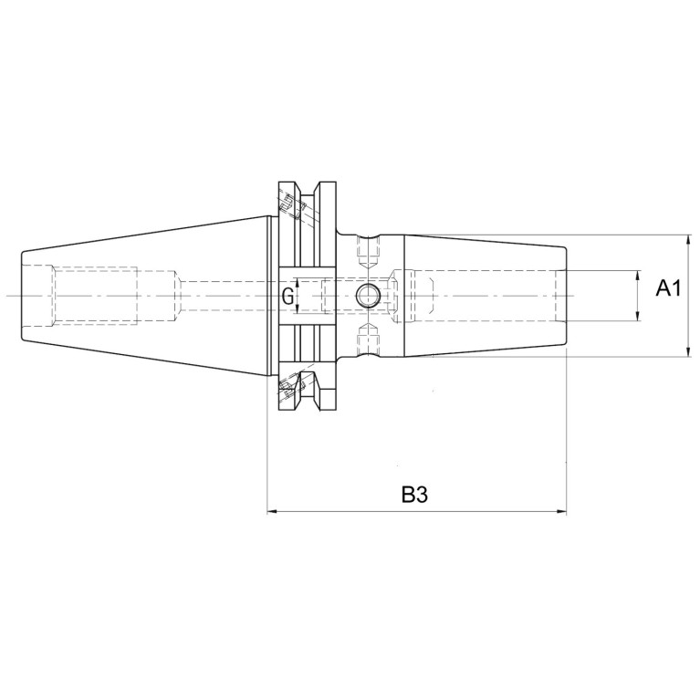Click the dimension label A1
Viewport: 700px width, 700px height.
[x=668, y=288]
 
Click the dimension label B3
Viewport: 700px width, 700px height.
[x=414, y=494]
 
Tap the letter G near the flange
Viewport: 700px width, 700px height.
[x=288, y=296]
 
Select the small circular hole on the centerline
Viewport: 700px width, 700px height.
[x=368, y=296]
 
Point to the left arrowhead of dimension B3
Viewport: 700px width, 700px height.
[x=272, y=512]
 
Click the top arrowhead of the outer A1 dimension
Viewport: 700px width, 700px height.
[x=689, y=240]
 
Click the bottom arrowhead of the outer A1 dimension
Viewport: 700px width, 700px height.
[x=689, y=350]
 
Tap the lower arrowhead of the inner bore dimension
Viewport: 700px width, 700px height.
[x=638, y=315]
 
